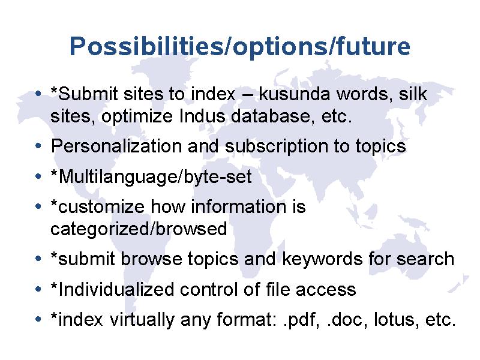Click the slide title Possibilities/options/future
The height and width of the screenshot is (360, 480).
(x=239, y=47)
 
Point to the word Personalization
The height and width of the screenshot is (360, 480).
(x=116, y=146)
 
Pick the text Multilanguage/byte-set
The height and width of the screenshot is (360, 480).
(x=151, y=177)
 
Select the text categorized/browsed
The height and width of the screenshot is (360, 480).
(x=139, y=229)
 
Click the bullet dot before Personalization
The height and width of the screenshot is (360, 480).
(x=38, y=146)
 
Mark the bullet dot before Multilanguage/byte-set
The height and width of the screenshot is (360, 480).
(x=38, y=176)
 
